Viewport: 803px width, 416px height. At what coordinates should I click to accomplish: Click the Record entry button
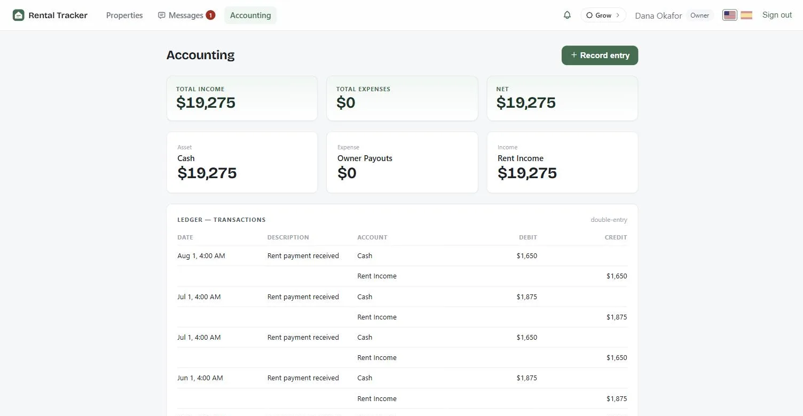(600, 55)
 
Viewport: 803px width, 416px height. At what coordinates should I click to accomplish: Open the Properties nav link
(124, 15)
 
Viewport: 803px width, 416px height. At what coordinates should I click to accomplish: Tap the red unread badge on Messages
(210, 15)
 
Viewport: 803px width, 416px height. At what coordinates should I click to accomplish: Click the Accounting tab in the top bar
(250, 15)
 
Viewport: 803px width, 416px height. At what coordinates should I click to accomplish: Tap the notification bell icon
(567, 15)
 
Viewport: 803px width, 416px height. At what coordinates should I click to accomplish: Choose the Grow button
(603, 15)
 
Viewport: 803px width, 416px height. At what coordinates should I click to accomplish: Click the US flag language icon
(729, 15)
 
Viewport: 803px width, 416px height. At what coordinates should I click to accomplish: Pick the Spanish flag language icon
(746, 15)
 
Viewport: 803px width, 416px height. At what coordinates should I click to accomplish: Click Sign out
(777, 15)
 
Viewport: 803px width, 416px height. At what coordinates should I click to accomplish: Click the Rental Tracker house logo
(18, 15)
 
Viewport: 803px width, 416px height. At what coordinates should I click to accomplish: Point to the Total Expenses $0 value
(345, 103)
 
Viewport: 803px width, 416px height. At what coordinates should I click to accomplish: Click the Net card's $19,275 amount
(526, 103)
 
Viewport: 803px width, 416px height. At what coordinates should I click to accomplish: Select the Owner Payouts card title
(365, 158)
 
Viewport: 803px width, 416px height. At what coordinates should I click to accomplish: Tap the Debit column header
(528, 237)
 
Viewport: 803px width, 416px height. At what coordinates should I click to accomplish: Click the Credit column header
(616, 237)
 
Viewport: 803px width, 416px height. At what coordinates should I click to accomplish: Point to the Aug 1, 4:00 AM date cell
(201, 255)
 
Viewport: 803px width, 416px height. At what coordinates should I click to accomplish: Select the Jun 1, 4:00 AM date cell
(200, 378)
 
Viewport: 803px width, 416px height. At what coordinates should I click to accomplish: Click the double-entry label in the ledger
(609, 220)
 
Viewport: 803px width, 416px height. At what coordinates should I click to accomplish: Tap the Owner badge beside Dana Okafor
(699, 15)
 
